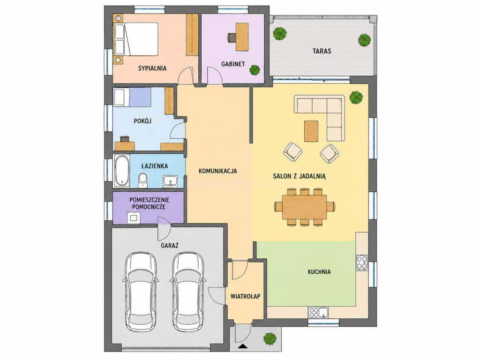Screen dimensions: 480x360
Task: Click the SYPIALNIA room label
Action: [152, 68]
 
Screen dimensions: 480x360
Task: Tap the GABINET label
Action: [233, 64]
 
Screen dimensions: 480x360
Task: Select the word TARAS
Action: [322, 51]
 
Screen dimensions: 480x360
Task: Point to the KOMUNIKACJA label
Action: [217, 171]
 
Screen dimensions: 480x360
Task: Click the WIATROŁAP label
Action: [246, 296]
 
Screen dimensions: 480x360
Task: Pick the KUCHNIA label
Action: [319, 272]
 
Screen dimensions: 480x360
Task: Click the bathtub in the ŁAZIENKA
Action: [122, 171]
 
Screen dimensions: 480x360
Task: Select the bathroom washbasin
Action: [170, 181]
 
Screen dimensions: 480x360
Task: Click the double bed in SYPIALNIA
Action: [136, 39]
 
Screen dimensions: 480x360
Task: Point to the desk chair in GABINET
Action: [232, 37]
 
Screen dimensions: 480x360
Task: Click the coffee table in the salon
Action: [311, 131]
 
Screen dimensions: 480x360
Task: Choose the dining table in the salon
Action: [305, 207]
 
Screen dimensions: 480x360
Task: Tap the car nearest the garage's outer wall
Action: [141, 292]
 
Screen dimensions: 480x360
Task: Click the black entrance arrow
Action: [243, 346]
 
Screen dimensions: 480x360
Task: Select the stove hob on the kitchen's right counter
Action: [362, 262]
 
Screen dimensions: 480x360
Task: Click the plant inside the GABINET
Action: [255, 70]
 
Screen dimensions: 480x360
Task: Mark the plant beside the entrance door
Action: [270, 338]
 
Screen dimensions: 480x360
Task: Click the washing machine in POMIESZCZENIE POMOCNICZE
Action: [134, 218]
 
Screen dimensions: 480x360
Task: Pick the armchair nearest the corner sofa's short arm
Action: [330, 153]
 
